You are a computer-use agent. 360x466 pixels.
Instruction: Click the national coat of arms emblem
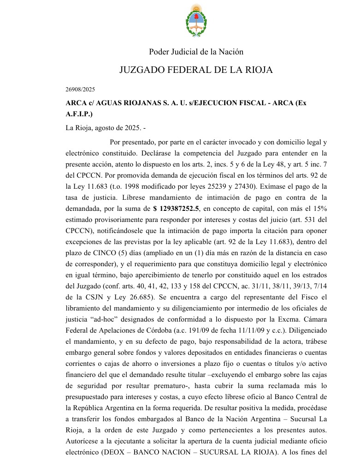point(196,20)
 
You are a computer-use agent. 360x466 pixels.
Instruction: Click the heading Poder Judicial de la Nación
point(196,52)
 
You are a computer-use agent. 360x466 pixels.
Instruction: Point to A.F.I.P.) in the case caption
point(79,114)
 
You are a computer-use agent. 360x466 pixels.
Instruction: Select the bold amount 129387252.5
point(179,208)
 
